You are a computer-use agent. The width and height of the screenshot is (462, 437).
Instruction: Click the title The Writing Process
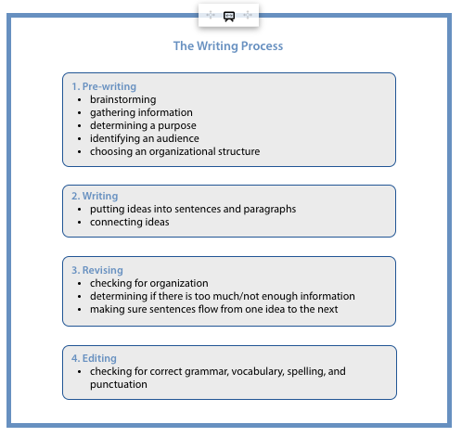[x=228, y=46]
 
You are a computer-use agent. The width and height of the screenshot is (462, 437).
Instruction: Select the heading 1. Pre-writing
[x=104, y=86]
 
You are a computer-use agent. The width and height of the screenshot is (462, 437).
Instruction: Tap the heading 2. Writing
[x=95, y=196]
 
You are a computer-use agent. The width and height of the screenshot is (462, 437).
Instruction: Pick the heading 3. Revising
[x=97, y=270]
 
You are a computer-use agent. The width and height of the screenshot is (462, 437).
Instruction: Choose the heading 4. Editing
[x=94, y=358]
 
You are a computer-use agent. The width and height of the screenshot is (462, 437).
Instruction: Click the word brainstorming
[x=123, y=100]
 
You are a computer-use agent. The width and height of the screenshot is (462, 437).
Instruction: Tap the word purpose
[x=177, y=126]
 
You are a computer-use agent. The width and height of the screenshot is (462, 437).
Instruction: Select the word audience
[x=178, y=138]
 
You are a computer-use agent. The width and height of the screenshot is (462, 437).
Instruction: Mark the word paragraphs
[x=270, y=210]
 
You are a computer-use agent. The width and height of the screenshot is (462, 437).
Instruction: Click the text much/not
[x=240, y=296]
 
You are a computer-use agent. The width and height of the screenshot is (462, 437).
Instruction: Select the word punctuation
[x=119, y=385]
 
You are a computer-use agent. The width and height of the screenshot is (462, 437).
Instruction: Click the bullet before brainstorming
[x=80, y=100]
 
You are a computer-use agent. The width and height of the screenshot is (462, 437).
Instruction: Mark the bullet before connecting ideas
[x=80, y=223]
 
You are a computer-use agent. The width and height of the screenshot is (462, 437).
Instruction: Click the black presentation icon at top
[x=229, y=16]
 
